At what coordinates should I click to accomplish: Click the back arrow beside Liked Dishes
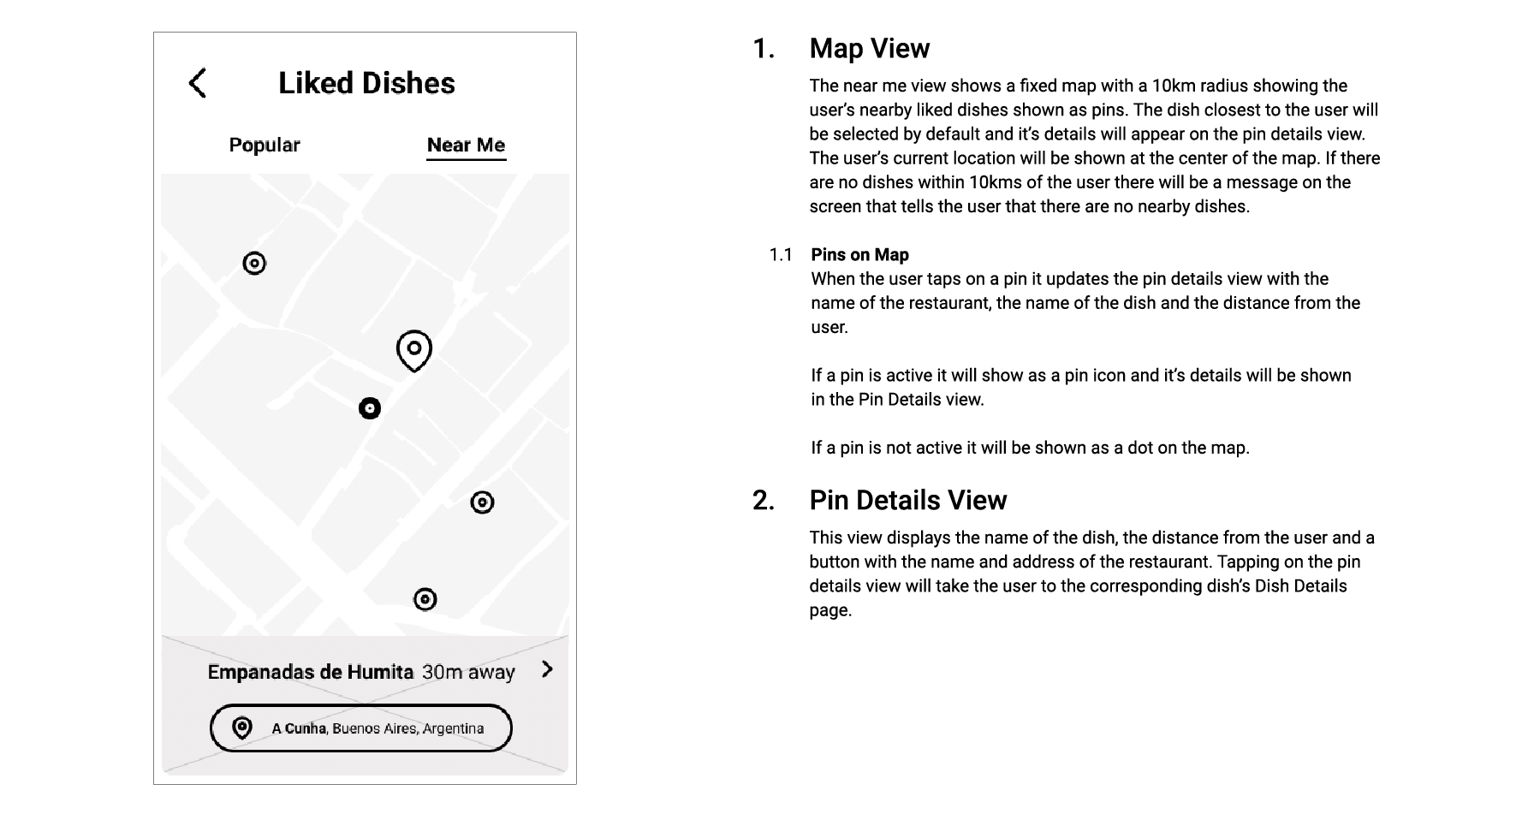coord(198,83)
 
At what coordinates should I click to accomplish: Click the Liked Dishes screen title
coord(366,83)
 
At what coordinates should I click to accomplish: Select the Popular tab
coord(265,145)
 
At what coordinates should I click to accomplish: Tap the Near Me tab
coord(466,145)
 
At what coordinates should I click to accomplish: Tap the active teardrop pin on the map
coord(414,350)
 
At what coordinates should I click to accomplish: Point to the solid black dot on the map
coord(370,408)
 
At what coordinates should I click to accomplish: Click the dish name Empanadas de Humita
coord(310,672)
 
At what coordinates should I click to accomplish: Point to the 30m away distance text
coord(468,672)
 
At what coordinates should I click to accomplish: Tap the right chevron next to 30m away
coord(548,669)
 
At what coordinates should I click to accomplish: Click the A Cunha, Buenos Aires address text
coord(378,728)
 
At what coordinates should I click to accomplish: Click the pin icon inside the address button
coord(242,728)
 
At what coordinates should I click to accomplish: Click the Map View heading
coord(869,49)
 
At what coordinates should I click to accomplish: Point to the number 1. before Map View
coord(764,49)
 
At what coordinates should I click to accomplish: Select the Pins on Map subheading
coord(859,254)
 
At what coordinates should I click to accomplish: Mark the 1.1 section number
coord(781,254)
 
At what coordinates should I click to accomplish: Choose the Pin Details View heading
coord(907,501)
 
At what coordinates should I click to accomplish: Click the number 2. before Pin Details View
coord(764,501)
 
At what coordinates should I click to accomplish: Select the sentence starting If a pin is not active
coord(1030,448)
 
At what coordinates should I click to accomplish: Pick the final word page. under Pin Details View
coord(830,610)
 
